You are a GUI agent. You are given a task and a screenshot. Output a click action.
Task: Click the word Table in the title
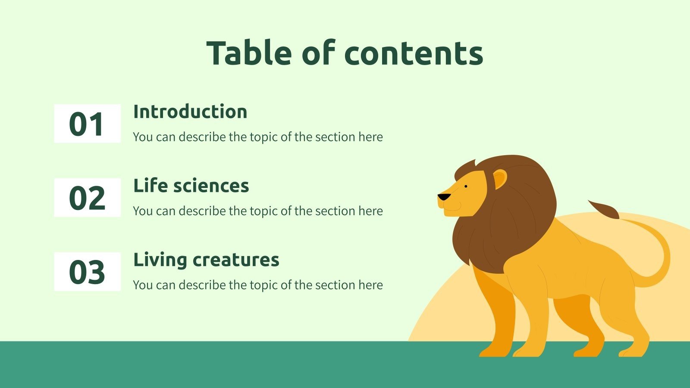coord(249,53)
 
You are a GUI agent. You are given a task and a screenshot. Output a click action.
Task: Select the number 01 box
coord(87,124)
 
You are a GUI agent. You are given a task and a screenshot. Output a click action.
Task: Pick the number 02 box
coord(87,198)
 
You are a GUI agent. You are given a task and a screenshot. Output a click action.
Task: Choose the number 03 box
coord(87,272)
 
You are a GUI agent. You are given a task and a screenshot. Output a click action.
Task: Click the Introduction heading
coord(190,112)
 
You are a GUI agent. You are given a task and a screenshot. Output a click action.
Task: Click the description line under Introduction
coord(258,137)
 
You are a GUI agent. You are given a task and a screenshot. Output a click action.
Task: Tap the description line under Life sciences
coord(258,211)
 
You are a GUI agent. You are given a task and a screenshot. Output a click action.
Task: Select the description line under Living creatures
coord(258,285)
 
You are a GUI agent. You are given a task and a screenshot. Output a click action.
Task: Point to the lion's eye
coord(466,187)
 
